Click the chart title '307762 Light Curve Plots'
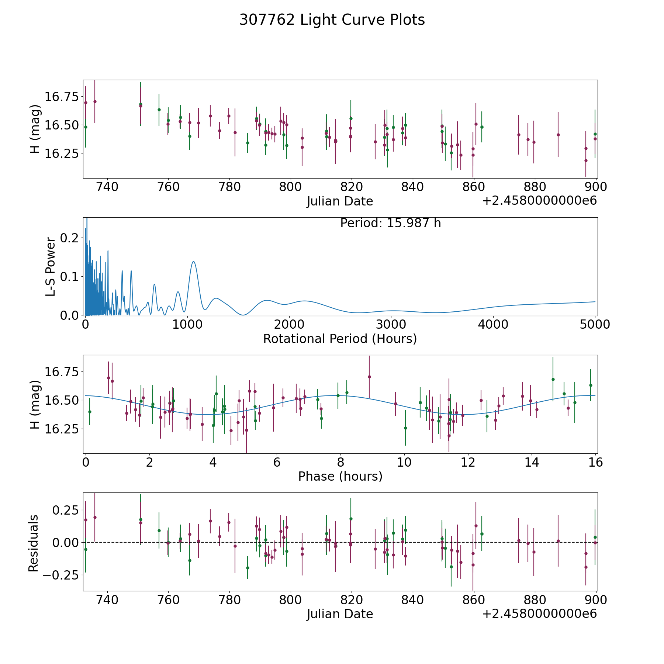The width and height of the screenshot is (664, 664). (332, 20)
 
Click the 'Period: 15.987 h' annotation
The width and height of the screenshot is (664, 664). (390, 223)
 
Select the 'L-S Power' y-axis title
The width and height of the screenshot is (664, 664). (51, 266)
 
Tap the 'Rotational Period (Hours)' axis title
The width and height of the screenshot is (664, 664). (340, 339)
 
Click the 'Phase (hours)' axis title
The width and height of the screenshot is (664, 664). (340, 476)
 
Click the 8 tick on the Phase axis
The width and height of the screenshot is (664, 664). (340, 462)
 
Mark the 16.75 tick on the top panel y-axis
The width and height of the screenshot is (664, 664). (62, 97)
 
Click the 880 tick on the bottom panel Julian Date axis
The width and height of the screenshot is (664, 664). (535, 600)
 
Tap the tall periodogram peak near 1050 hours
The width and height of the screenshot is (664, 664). (193, 262)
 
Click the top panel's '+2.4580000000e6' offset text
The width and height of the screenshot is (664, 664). (539, 201)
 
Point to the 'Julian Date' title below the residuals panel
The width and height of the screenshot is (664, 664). (340, 614)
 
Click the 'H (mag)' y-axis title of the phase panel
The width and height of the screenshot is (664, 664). (34, 404)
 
